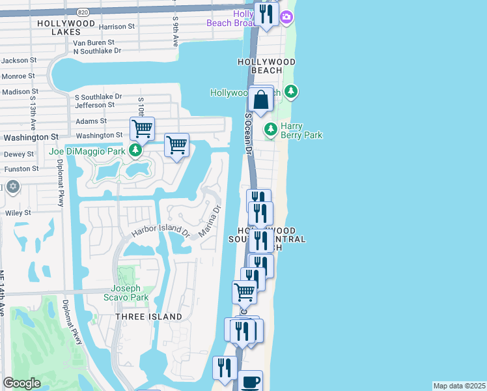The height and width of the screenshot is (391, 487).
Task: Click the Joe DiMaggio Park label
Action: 87,152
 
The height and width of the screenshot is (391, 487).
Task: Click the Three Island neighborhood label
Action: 149,317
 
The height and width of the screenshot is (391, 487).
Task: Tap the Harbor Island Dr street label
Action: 160,231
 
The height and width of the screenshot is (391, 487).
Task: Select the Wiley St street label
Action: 18,212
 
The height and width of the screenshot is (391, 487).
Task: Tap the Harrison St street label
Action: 117,27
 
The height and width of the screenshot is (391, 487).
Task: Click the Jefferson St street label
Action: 95,104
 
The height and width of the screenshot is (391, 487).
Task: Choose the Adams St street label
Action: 90,121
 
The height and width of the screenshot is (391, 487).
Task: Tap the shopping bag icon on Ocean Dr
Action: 260,101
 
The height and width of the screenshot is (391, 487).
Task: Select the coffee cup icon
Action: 251,381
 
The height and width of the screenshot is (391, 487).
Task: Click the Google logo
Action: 22,383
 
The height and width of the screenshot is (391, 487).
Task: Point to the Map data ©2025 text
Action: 459,386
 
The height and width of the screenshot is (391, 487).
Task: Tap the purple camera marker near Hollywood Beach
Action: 285,16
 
